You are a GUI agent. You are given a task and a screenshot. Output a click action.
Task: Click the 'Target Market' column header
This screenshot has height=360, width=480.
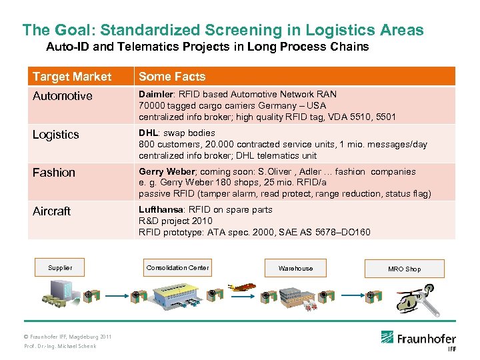tap(72, 77)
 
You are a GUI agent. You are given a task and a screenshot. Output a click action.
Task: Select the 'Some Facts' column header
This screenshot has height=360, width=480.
tap(172, 77)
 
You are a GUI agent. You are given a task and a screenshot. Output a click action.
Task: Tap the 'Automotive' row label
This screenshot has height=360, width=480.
tap(63, 96)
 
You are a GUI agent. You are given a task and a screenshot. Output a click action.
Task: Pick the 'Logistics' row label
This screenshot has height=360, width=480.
tap(56, 135)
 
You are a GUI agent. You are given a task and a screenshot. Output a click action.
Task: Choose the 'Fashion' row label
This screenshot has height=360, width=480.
tap(54, 173)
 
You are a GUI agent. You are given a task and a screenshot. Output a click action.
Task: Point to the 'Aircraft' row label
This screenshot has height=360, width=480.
tap(51, 211)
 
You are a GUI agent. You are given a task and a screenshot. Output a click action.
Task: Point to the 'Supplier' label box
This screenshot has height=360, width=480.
tap(60, 268)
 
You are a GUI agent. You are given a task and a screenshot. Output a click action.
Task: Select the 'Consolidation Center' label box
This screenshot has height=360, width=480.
tap(177, 268)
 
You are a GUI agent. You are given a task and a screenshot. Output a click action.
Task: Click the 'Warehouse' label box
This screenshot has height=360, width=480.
tap(295, 269)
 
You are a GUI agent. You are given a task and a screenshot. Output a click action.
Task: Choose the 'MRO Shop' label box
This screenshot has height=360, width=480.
tap(404, 269)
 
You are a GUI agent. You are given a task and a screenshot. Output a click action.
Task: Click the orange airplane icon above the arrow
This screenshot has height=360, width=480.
tap(244, 288)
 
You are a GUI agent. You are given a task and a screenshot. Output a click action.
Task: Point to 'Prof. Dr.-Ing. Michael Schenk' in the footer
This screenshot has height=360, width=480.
tap(60, 346)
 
